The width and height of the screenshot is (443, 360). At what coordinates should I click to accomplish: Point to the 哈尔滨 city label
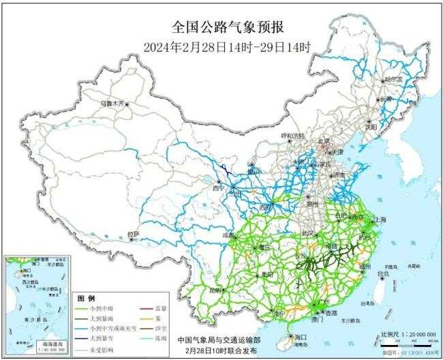[394, 80]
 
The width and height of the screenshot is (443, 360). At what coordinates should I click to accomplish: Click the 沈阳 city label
[389, 126]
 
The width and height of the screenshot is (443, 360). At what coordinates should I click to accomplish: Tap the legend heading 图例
[86, 299]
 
